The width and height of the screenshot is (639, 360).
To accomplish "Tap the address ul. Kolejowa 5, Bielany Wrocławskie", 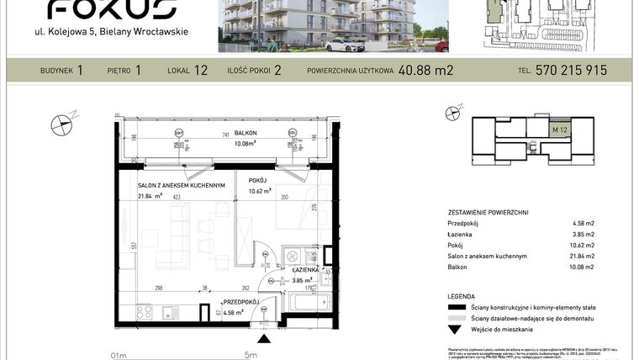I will pyautogui.click(x=116, y=32).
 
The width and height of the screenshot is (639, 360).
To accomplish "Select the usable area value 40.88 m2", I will pyautogui.click(x=425, y=71).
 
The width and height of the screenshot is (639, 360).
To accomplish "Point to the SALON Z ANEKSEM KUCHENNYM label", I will pyautogui.click(x=182, y=186).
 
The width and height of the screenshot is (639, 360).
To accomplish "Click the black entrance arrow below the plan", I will pyautogui.click(x=266, y=339).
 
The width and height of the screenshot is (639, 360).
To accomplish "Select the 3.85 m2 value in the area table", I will pyautogui.click(x=584, y=235).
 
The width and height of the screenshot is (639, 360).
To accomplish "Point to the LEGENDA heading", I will pyautogui.click(x=468, y=297).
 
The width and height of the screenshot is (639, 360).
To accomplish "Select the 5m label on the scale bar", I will pyautogui.click(x=251, y=355).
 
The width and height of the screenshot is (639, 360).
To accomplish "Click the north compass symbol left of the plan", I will pyautogui.click(x=64, y=124).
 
